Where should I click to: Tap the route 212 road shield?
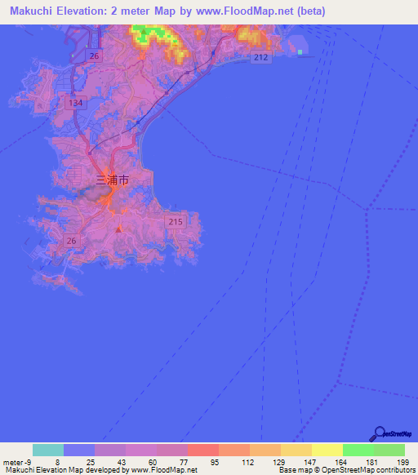(260, 57)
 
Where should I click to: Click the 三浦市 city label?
(112, 180)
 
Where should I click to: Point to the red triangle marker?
(119, 229)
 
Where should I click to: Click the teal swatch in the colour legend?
(48, 450)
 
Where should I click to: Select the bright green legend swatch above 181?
(358, 450)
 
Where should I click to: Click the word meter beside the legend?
(12, 463)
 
